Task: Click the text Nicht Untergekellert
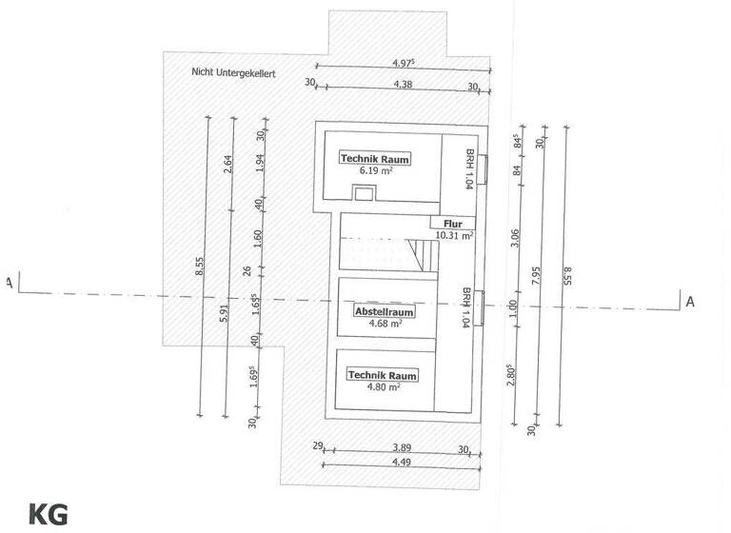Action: tap(233, 72)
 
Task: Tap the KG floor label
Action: tap(48, 515)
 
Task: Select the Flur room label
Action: tap(453, 224)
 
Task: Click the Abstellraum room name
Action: tap(385, 311)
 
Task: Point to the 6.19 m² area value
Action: tap(376, 170)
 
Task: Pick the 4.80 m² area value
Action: tap(384, 386)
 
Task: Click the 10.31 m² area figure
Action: tap(455, 235)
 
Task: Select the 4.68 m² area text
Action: tap(385, 324)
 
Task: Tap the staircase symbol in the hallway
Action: tap(423, 254)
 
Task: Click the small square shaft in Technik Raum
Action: tap(364, 192)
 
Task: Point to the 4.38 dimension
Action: tap(403, 85)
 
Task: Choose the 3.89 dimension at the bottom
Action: tap(402, 447)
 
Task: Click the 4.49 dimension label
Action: tap(402, 463)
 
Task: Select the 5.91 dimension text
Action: tap(225, 313)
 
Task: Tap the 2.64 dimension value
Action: tap(228, 164)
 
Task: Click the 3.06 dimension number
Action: tap(515, 238)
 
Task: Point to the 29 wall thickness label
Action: tap(318, 445)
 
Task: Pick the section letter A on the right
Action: tap(690, 302)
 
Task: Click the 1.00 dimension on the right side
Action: tap(512, 308)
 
